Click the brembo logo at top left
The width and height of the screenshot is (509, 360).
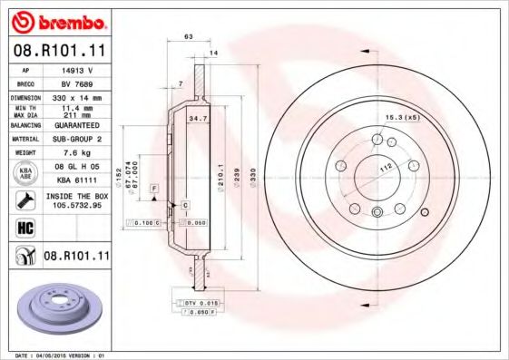[x=56, y=21]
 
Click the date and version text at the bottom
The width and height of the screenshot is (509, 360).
[x=57, y=355]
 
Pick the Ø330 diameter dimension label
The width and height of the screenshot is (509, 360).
[x=253, y=173]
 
